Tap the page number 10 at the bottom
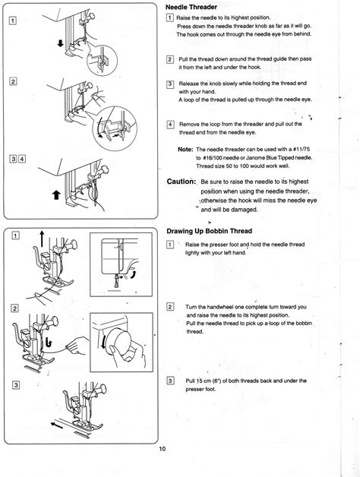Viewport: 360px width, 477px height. [x=163, y=470]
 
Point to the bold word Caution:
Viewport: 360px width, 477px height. [x=182, y=182]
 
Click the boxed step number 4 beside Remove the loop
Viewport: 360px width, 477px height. [x=170, y=124]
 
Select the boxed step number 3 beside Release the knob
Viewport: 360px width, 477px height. [x=170, y=84]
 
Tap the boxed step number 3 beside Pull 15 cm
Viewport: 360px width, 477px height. [x=170, y=380]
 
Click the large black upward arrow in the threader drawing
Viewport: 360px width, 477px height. [x=55, y=195]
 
